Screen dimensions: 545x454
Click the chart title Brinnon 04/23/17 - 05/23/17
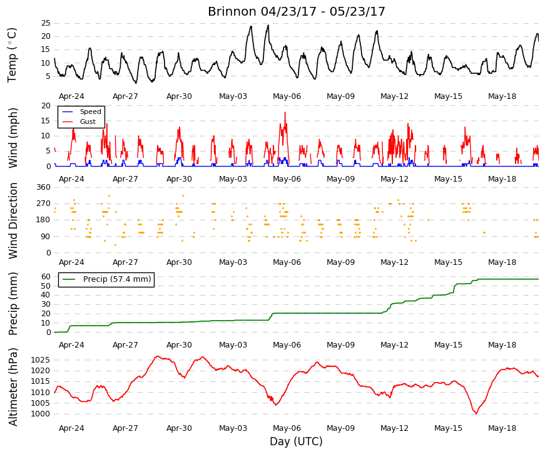[297, 11]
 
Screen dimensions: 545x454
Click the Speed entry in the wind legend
[90, 111]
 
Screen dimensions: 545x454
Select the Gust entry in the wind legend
[88, 121]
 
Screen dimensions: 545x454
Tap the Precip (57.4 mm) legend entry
[117, 279]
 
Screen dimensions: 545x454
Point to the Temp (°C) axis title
[12, 55]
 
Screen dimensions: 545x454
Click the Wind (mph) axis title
[13, 138]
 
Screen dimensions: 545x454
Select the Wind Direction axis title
[13, 221]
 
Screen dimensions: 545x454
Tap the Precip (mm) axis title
[13, 303]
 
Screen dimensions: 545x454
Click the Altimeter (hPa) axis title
[13, 386]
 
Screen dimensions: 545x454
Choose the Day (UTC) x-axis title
[296, 441]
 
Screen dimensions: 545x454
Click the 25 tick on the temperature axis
[46, 23]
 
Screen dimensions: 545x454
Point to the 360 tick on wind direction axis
[44, 187]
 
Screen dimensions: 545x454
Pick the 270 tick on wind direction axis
[44, 204]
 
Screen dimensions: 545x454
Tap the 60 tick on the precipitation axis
[46, 277]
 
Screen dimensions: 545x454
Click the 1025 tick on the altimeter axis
[40, 359]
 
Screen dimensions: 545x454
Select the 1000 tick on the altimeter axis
[40, 414]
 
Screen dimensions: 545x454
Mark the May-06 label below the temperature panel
[287, 96]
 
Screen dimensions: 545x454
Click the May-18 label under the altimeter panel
[502, 428]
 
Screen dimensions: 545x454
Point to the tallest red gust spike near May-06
[285, 112]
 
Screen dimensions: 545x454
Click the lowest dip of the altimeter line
[476, 414]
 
